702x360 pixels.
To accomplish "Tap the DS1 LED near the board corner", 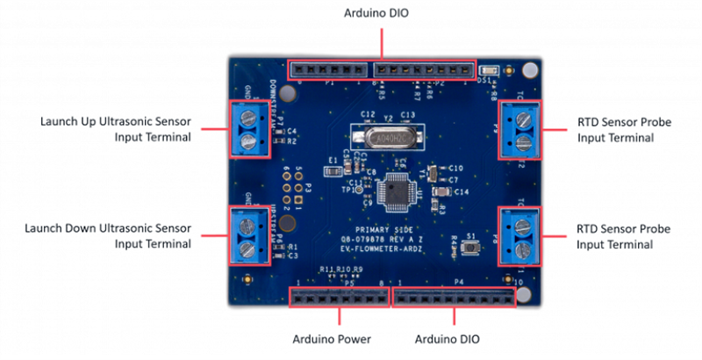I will (489, 69).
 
